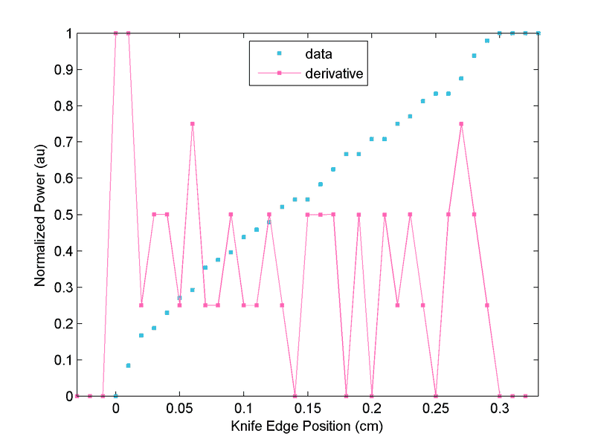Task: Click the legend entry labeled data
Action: [318, 53]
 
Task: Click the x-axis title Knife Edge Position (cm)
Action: [307, 427]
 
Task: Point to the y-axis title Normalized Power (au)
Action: [41, 215]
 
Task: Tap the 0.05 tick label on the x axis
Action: [179, 409]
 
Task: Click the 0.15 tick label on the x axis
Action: [308, 409]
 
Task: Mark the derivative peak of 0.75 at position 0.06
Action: [193, 124]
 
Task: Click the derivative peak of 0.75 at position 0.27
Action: [461, 124]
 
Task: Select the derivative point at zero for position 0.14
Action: [295, 396]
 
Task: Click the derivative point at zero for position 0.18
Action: [347, 396]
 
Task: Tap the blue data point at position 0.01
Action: [129, 366]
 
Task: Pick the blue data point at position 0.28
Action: [475, 56]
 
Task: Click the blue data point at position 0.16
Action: [321, 184]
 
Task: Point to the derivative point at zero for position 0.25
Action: [436, 396]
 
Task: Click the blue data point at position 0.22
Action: [397, 123]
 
